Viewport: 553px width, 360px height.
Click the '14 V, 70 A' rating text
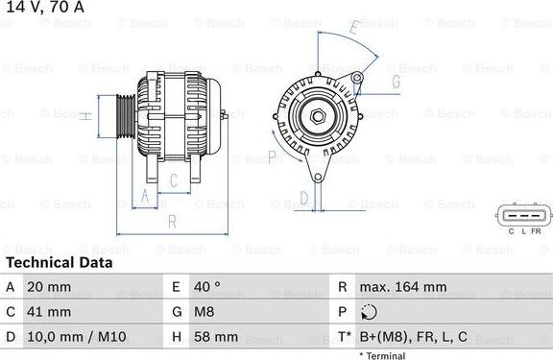coord(45,7)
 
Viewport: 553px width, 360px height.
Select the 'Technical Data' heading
coord(60,263)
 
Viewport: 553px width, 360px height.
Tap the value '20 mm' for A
coord(49,287)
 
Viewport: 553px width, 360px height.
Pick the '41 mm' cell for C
coord(49,312)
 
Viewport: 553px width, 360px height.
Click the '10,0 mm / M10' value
coord(77,337)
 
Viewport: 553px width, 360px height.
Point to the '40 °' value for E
coord(207,287)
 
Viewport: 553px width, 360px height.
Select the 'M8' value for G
coord(204,312)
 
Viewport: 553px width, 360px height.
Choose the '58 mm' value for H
coord(216,337)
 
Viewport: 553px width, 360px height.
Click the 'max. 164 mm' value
coord(403,287)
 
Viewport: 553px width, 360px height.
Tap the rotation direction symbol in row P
coord(369,312)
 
